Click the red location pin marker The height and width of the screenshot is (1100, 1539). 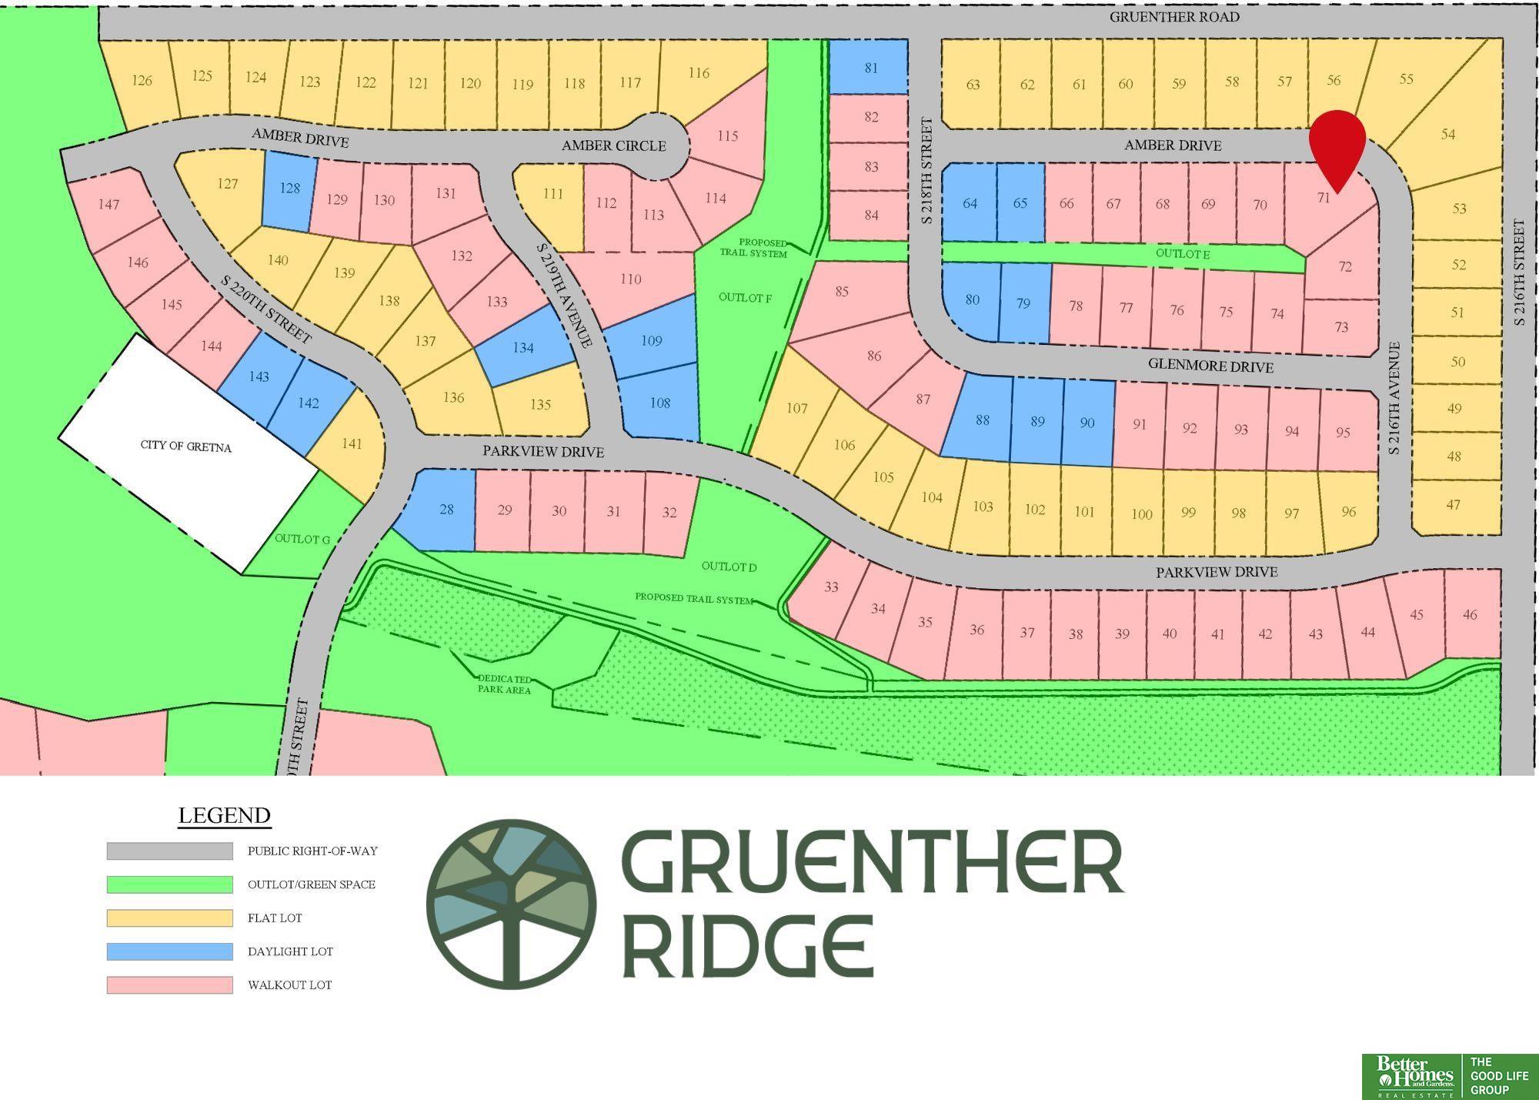[1337, 145]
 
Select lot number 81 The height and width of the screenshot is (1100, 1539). [870, 68]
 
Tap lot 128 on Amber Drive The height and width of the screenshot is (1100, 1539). [289, 188]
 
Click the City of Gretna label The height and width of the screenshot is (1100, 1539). [186, 446]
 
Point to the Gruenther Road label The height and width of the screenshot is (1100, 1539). [1173, 17]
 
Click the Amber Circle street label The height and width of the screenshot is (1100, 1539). [613, 145]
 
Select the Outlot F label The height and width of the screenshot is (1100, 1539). [745, 297]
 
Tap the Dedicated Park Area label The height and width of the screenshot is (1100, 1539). [504, 684]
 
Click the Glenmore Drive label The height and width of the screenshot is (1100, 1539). [1210, 366]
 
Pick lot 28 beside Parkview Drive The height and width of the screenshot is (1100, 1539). [446, 509]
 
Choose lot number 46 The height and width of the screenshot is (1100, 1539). [1469, 614]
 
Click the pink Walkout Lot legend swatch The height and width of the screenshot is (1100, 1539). [169, 985]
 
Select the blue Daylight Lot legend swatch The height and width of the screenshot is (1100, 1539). [169, 951]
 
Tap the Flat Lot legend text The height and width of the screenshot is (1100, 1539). [275, 918]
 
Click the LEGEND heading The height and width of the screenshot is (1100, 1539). [224, 815]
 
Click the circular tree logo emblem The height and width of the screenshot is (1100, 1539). [511, 904]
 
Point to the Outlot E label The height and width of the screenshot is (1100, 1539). [1183, 253]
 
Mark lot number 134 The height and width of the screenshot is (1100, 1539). [523, 348]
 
